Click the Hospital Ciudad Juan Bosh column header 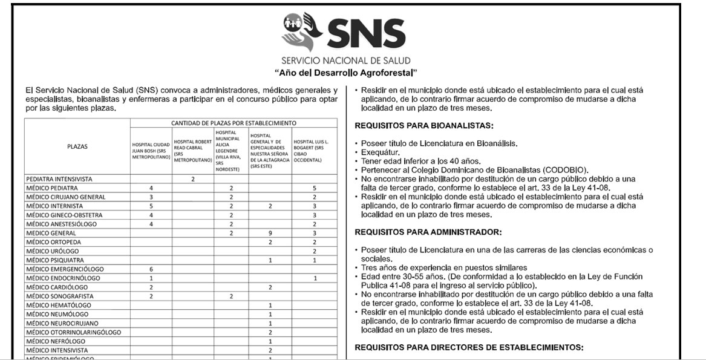point(151,150)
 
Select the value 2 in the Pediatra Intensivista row point(192,180)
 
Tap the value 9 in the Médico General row point(270,233)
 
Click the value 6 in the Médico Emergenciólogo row point(151,269)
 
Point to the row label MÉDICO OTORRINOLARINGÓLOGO point(74,332)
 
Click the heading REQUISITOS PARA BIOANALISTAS point(424,126)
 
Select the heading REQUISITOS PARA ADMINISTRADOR point(428,232)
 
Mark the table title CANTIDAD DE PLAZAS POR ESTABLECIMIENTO point(233,123)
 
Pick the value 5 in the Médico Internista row point(151,206)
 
